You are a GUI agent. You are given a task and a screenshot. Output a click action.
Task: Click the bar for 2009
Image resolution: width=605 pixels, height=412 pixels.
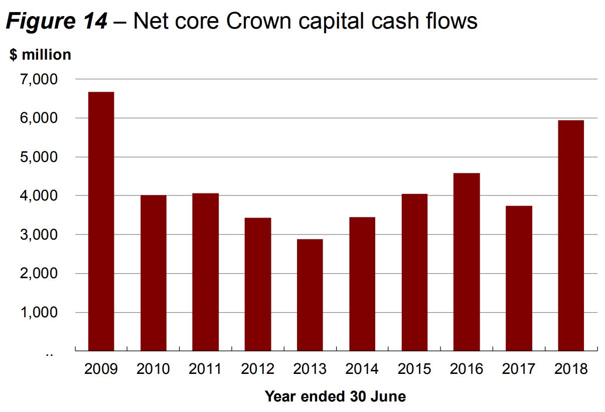click(101, 221)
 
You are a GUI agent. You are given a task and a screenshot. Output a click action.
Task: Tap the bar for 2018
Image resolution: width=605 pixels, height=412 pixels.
click(571, 236)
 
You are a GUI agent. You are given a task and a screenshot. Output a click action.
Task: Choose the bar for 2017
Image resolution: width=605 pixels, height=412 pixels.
click(519, 278)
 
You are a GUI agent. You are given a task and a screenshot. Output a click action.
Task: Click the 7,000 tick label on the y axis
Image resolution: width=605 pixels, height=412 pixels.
click(40, 80)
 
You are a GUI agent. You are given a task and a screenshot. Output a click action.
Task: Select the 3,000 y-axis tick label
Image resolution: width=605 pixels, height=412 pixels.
click(40, 235)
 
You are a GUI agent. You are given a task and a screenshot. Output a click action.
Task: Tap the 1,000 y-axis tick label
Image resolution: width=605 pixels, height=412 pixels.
click(40, 313)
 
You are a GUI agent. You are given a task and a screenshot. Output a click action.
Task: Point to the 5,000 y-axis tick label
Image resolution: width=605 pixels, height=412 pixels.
click(40, 157)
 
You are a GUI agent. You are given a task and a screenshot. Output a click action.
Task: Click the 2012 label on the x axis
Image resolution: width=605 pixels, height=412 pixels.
click(257, 369)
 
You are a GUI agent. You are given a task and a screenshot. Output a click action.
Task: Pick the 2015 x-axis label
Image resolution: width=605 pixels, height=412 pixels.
click(414, 369)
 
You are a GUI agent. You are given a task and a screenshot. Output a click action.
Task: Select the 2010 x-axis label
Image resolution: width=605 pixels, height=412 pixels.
click(153, 369)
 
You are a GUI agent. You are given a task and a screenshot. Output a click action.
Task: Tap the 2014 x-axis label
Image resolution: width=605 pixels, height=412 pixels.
click(362, 369)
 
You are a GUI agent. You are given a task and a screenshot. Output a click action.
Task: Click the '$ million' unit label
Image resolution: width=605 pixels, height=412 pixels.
click(41, 55)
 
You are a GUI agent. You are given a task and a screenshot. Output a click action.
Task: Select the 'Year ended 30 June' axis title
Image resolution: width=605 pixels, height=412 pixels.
click(335, 396)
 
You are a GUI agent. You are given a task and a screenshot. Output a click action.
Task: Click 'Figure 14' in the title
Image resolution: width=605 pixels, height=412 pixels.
click(56, 22)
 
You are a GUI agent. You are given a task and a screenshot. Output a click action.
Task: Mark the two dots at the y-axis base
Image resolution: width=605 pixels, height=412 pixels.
click(49, 354)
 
